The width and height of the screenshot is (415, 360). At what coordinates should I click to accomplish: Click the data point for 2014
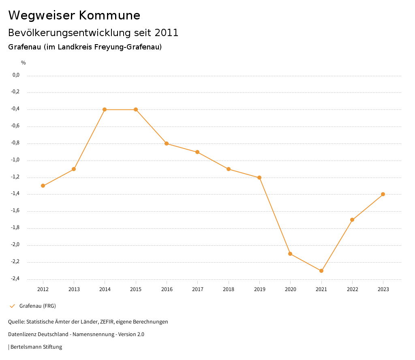click(105, 109)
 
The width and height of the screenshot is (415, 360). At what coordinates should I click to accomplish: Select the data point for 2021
click(321, 271)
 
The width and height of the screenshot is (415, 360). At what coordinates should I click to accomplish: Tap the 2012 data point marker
click(43, 186)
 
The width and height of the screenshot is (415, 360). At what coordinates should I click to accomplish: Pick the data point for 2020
click(290, 254)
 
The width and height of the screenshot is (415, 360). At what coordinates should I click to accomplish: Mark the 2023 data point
click(383, 194)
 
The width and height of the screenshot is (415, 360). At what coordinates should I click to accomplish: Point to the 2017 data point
click(197, 152)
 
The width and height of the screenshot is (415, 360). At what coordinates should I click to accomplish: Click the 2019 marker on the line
click(259, 178)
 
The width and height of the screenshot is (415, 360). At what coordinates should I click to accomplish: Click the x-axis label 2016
click(167, 289)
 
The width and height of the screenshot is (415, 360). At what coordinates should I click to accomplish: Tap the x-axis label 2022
click(352, 289)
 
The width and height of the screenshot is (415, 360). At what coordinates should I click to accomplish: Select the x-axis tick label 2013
click(74, 289)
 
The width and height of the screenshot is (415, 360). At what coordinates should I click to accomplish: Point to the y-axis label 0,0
click(16, 75)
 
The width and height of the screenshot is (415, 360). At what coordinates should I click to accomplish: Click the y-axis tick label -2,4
click(15, 279)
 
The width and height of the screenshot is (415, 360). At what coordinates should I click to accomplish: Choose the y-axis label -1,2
click(15, 177)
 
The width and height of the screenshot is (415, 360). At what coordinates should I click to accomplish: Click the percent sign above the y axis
click(24, 63)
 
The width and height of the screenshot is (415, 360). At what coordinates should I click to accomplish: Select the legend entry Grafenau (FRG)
click(37, 306)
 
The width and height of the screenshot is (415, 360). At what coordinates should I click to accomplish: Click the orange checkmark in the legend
click(12, 306)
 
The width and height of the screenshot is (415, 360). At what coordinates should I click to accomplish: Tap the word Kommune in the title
click(109, 15)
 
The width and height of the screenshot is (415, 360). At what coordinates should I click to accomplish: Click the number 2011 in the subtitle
click(167, 33)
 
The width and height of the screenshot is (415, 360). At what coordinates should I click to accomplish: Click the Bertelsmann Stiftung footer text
click(36, 347)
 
